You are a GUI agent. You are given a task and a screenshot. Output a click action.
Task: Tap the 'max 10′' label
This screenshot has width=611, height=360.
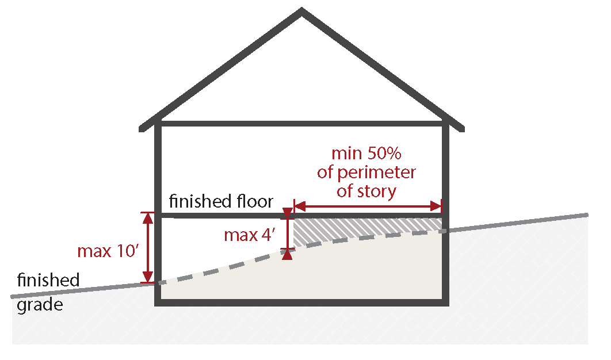coord(108,251)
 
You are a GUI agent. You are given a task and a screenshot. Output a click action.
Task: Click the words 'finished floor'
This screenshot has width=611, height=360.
coord(221,201)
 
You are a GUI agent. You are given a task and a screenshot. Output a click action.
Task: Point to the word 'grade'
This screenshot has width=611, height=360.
coord(40,305)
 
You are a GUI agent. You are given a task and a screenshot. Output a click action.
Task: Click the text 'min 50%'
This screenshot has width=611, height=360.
coord(366,154)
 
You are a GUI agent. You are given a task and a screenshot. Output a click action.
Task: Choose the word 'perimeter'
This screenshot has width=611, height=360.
coord(376,173)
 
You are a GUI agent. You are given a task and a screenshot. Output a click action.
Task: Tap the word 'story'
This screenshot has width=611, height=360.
coord(376,192)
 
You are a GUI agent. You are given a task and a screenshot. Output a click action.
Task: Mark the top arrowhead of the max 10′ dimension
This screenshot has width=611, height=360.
coord(148,218)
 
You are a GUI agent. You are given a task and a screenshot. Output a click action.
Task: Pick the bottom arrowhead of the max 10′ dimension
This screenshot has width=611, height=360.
coord(148,277)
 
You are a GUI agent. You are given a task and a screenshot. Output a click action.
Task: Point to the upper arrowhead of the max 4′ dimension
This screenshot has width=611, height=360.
coord(287,213)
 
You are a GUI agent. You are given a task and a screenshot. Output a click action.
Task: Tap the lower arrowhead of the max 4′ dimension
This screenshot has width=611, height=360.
coord(287,254)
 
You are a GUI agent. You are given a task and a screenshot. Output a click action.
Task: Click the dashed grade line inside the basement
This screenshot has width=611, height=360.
coord(300,250)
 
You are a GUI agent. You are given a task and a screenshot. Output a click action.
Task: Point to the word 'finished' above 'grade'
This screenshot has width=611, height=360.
coord(48,280)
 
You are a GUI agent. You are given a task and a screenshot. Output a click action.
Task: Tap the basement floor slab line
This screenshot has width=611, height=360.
coord(301,302)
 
